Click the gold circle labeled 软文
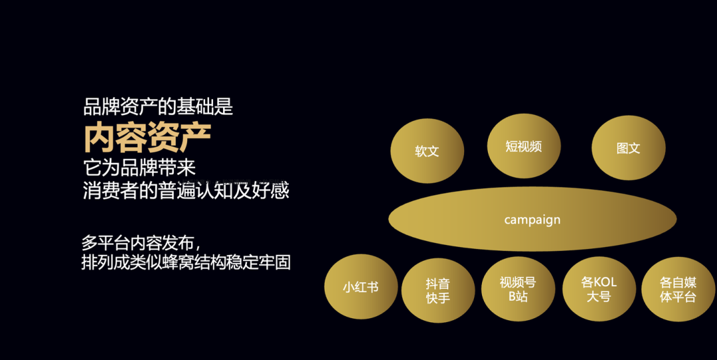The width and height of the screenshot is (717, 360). click(x=427, y=151)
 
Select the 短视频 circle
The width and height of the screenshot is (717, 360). click(x=524, y=147)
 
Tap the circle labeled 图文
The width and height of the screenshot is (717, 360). click(x=628, y=148)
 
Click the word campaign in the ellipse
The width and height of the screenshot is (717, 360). click(x=532, y=220)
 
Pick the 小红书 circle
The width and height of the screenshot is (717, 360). click(x=360, y=288)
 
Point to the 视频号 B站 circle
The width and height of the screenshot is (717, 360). click(x=518, y=289)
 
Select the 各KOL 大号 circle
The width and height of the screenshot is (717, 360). click(x=599, y=289)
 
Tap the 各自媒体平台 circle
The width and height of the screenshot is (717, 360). click(x=678, y=289)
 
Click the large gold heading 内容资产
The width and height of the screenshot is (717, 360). click(x=147, y=137)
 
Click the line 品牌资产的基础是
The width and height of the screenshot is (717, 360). click(x=158, y=106)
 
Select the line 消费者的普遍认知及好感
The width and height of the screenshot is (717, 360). click(x=186, y=191)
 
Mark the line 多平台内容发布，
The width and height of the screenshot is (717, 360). click(x=140, y=242)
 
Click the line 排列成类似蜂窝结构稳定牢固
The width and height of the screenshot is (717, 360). click(x=186, y=262)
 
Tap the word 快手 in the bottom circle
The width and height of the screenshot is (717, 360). click(x=438, y=298)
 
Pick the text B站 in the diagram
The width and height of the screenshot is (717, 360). click(x=518, y=297)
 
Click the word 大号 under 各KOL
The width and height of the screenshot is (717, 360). click(x=599, y=297)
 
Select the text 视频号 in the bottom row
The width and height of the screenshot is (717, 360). click(x=518, y=282)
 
